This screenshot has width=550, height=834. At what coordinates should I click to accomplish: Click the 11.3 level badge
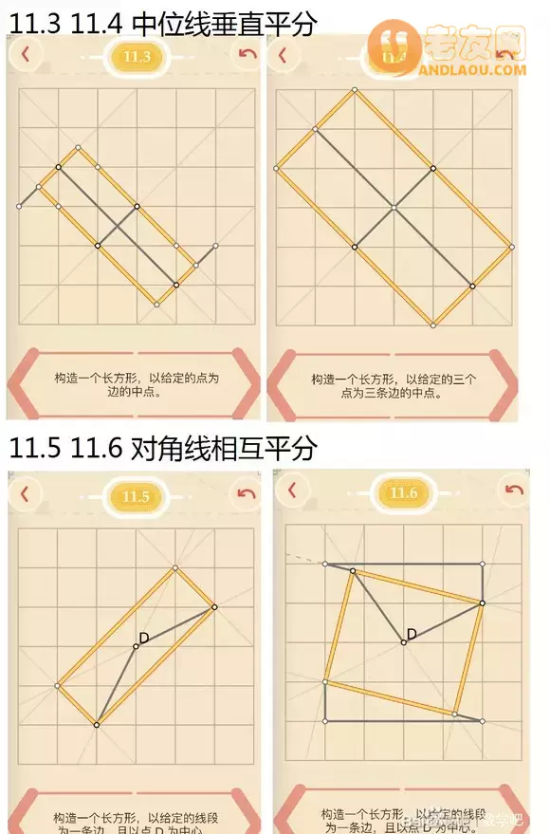[137, 57]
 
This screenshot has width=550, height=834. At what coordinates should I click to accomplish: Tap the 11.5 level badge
[136, 496]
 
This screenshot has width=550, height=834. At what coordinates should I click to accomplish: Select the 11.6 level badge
[404, 492]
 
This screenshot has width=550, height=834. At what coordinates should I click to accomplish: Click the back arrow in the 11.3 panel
[25, 54]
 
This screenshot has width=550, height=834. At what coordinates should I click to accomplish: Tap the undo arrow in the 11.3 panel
[247, 54]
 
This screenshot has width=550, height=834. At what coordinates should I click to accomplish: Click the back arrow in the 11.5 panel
[25, 493]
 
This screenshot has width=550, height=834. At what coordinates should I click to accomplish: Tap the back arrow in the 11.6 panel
[292, 490]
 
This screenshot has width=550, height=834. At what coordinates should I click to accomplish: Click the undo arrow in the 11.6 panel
[514, 490]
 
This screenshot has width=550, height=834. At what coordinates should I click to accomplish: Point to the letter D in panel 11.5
[144, 638]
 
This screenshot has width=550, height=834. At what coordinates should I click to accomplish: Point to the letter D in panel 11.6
[412, 634]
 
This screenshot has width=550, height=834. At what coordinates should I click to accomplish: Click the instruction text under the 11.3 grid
[135, 384]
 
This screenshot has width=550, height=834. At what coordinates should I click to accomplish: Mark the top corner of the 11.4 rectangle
[354, 91]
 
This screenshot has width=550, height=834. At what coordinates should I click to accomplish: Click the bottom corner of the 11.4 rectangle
[432, 324]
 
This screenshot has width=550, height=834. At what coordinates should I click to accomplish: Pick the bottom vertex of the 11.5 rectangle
[97, 725]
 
